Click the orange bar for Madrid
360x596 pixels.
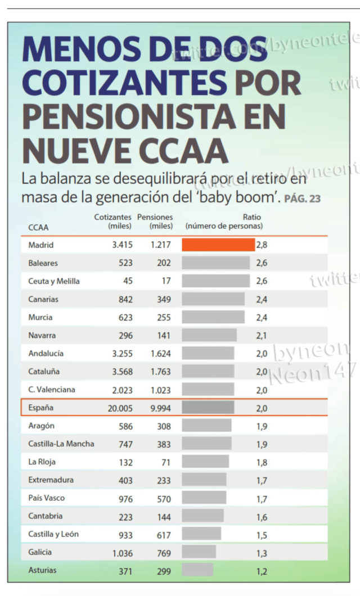click(x=218, y=245)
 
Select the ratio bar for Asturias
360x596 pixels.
click(x=197, y=570)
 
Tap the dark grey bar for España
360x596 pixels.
click(x=208, y=408)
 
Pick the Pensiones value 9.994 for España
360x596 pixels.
click(x=160, y=408)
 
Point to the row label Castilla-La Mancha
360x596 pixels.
click(x=61, y=444)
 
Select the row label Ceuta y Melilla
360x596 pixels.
click(x=54, y=281)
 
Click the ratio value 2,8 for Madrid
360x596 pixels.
click(x=262, y=245)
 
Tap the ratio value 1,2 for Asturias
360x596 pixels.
click(x=262, y=571)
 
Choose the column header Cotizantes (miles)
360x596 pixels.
click(x=112, y=222)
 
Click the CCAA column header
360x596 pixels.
click(x=38, y=227)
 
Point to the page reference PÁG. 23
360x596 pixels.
click(x=302, y=198)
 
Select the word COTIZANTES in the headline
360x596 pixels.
click(x=124, y=83)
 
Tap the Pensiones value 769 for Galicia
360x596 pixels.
click(x=164, y=553)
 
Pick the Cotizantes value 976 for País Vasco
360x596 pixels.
click(x=125, y=499)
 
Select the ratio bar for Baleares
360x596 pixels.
click(x=215, y=263)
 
